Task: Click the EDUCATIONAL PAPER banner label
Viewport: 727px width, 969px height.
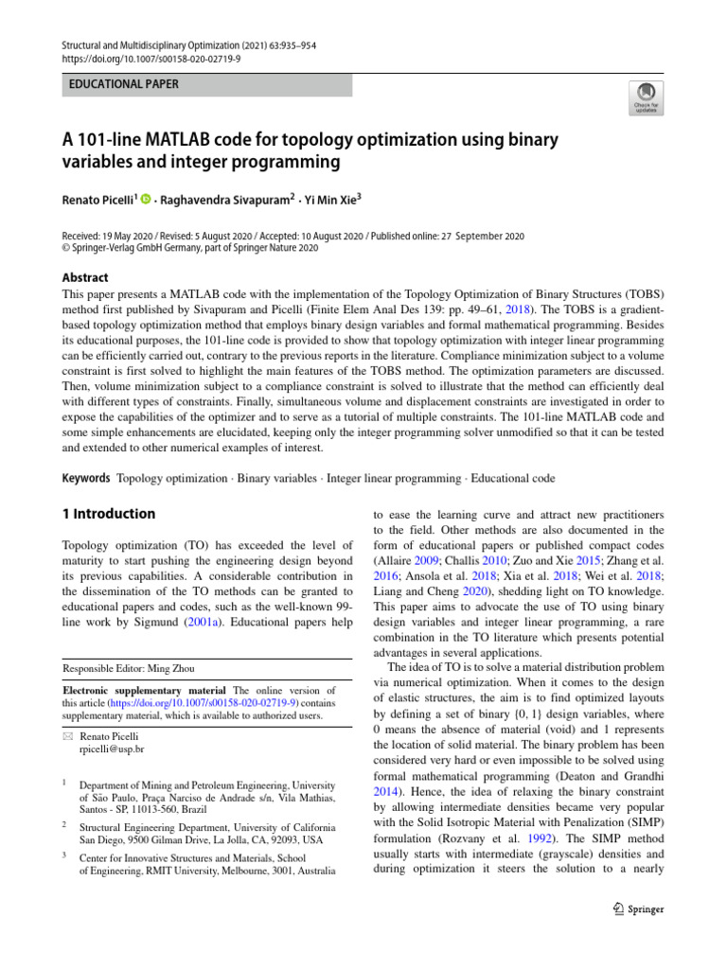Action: (123, 84)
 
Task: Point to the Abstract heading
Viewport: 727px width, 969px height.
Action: (85, 278)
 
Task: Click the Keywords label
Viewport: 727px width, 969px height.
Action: (86, 479)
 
